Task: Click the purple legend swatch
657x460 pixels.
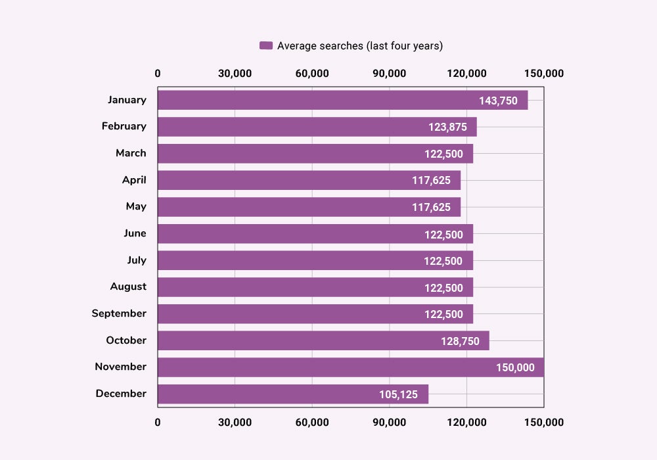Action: click(x=265, y=45)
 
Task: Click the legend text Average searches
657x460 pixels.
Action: click(x=359, y=45)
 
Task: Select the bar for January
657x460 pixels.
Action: click(x=315, y=100)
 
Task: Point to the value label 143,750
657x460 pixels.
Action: click(x=498, y=101)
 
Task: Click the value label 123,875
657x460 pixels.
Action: click(x=447, y=127)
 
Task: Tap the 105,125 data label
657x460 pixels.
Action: click(x=398, y=394)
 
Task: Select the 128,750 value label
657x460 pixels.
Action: click(x=460, y=341)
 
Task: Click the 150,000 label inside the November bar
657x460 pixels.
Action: click(x=515, y=368)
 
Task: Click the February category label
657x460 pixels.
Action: click(x=124, y=126)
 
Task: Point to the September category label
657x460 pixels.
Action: click(x=119, y=313)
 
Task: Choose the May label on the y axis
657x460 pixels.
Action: click(x=136, y=206)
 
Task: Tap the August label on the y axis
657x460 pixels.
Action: click(x=128, y=287)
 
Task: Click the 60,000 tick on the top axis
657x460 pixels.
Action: click(x=312, y=74)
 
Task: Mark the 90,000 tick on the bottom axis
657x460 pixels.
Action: click(x=389, y=422)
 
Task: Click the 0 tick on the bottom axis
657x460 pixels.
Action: click(x=158, y=422)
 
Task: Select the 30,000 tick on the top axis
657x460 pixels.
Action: click(x=235, y=74)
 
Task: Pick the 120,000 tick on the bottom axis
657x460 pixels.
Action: click(x=466, y=422)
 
